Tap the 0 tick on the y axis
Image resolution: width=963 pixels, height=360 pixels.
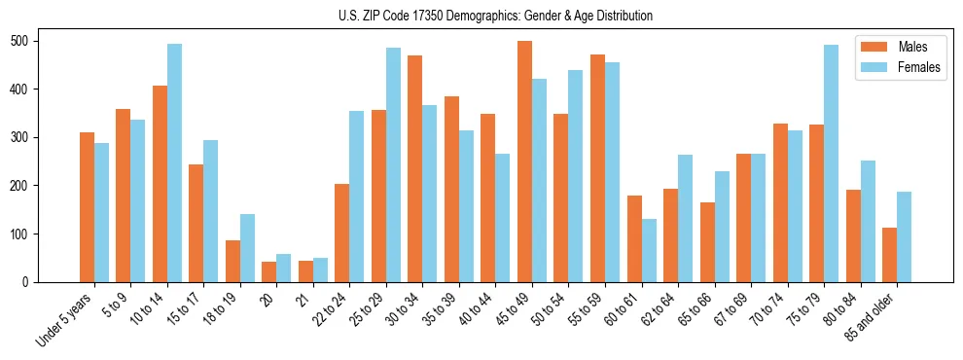pos(31,282)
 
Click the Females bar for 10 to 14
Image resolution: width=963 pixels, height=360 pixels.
pos(174,162)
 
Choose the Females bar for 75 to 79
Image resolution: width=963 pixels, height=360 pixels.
pos(831,163)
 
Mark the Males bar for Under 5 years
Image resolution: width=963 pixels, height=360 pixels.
pos(87,207)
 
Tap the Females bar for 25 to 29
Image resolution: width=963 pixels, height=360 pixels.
pos(393,164)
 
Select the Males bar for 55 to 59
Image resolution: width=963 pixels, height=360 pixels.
pos(597,169)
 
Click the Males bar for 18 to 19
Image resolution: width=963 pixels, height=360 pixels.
pos(232,261)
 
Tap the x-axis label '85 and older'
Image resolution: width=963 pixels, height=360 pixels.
pos(871,317)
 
